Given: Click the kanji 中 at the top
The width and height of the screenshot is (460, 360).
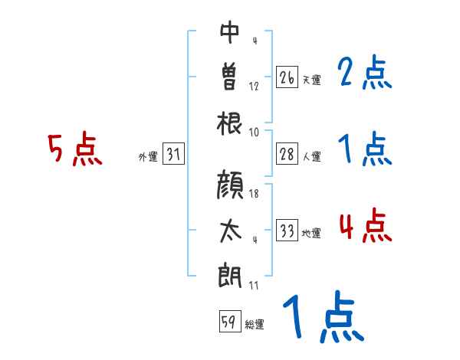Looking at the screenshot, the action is [x=230, y=34].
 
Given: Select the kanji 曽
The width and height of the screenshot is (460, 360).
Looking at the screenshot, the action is [x=230, y=77].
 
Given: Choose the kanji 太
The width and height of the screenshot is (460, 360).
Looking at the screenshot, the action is [x=230, y=231].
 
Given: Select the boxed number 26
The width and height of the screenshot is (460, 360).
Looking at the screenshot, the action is [x=287, y=77].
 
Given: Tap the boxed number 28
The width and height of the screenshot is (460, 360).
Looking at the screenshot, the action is [x=287, y=154].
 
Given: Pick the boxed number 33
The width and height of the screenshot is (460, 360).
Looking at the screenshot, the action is [x=287, y=231].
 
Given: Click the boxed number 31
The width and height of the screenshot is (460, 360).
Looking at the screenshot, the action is [x=173, y=155].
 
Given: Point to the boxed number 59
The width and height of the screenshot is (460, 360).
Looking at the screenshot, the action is [x=228, y=322].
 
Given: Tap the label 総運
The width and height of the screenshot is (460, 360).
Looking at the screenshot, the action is [x=254, y=325].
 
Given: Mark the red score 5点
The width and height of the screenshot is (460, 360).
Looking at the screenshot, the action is [x=74, y=149].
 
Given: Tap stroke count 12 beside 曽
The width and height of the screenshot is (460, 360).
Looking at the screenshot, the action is [x=254, y=86].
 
